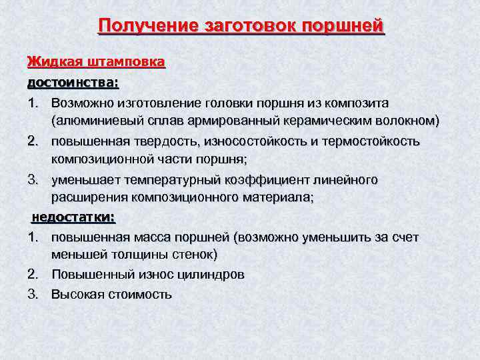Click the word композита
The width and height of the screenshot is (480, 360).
pos(357,103)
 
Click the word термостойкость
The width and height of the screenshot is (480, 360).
pos(376,141)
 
